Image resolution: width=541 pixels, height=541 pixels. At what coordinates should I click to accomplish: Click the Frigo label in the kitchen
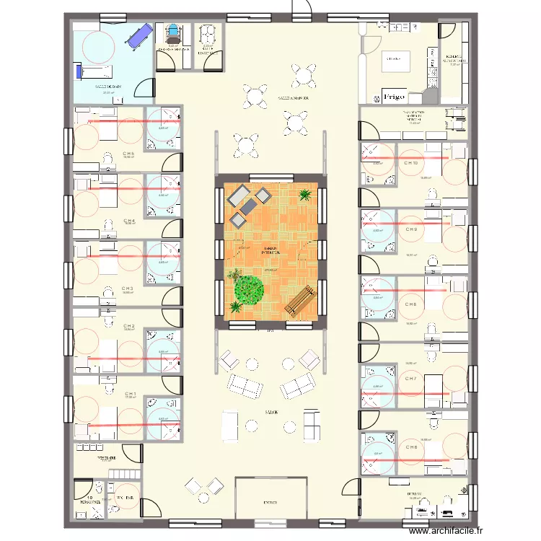coord(394,96)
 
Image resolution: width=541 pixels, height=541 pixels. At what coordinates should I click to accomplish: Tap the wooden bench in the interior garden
coord(299,300)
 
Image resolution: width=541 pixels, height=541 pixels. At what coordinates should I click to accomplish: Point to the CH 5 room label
coord(128,154)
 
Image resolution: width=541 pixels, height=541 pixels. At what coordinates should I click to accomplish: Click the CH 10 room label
coord(411,163)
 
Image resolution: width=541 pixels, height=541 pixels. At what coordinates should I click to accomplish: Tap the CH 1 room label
coord(129,394)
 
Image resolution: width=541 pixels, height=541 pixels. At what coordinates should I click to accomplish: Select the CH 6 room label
coord(412,448)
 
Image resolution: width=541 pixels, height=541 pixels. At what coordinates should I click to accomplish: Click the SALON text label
coord(270,413)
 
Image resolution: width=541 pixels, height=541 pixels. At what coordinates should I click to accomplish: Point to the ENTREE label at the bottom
coord(270,502)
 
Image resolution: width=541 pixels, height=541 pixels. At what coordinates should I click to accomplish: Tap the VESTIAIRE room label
coord(108,457)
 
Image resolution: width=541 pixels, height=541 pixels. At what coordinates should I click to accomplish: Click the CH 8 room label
coord(411,304)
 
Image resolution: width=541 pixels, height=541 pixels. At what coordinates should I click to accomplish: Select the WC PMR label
coord(124,498)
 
